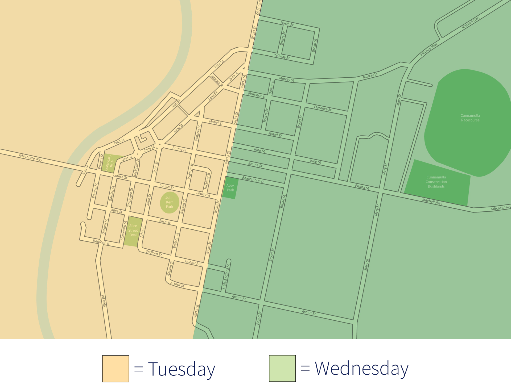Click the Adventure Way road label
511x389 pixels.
[x=30, y=157]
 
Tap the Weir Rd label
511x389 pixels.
[x=104, y=301]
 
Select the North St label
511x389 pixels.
[x=287, y=24]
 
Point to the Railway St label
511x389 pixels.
[x=282, y=56]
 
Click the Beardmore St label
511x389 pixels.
[x=253, y=179]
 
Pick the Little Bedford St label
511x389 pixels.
[x=226, y=277]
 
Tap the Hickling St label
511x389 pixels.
[x=207, y=181]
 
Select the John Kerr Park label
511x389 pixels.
[x=170, y=202]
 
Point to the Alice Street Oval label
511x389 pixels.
[x=133, y=230]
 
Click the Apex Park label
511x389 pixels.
[x=230, y=188]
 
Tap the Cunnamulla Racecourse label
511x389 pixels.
[x=470, y=118]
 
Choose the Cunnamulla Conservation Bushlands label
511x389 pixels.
[x=436, y=182]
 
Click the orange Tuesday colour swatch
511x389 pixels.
[x=116, y=369]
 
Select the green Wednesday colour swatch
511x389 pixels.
[x=282, y=369]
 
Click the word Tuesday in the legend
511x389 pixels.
[x=182, y=369]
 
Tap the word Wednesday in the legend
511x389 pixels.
[x=361, y=369]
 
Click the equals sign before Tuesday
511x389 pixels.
[x=139, y=369]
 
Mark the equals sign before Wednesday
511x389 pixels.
[x=305, y=369]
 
